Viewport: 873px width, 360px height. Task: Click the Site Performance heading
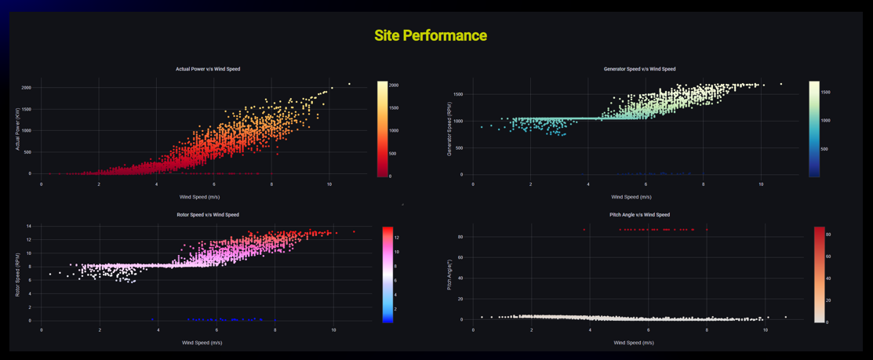point(430,35)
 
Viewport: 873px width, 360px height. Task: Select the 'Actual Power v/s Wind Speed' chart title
point(208,69)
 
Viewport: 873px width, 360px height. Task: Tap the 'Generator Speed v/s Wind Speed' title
point(639,69)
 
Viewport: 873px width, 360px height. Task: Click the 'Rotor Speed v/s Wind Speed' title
point(208,214)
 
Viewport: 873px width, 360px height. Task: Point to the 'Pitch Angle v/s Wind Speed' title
point(639,214)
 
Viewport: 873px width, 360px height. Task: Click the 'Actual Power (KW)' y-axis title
point(17,129)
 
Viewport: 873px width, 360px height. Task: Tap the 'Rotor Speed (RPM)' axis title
point(17,275)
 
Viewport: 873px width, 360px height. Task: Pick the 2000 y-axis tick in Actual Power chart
point(26,88)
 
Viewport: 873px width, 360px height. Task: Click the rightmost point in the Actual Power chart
point(349,84)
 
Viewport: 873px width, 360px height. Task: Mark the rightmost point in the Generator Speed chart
point(781,84)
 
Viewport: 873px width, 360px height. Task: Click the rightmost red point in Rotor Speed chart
point(354,231)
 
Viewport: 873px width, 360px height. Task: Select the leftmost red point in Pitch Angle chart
point(584,230)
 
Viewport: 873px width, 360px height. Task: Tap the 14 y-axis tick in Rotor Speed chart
point(28,227)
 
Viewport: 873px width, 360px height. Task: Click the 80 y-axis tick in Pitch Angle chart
point(460,237)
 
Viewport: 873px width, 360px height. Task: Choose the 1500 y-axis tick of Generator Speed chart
point(457,95)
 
